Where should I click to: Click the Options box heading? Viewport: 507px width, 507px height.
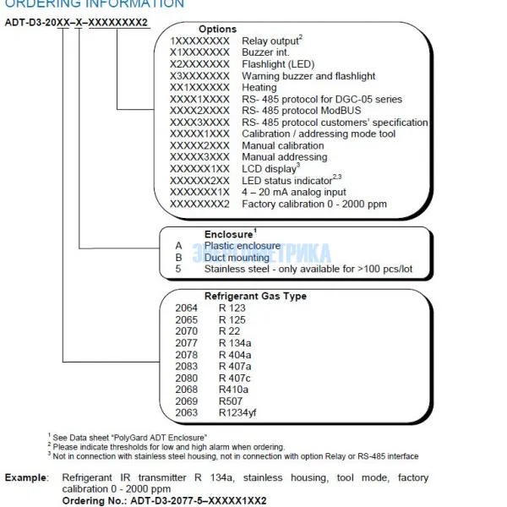pyautogui.click(x=217, y=29)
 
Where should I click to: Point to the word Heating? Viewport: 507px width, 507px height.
pyautogui.click(x=259, y=87)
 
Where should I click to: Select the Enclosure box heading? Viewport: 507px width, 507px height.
pyautogui.click(x=229, y=234)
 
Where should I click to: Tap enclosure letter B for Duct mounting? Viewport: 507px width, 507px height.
pyautogui.click(x=178, y=258)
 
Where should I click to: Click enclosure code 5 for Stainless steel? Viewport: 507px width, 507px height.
pyautogui.click(x=178, y=270)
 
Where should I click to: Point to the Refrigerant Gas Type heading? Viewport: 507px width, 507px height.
pyautogui.click(x=255, y=297)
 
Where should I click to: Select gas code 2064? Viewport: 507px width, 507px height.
pyautogui.click(x=186, y=308)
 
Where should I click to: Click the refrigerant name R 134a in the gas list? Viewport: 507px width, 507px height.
pyautogui.click(x=236, y=344)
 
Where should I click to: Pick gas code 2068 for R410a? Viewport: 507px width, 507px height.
pyautogui.click(x=186, y=390)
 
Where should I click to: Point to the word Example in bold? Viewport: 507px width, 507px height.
pyautogui.click(x=26, y=478)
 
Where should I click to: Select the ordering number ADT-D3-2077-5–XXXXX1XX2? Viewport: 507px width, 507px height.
pyautogui.click(x=199, y=500)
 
